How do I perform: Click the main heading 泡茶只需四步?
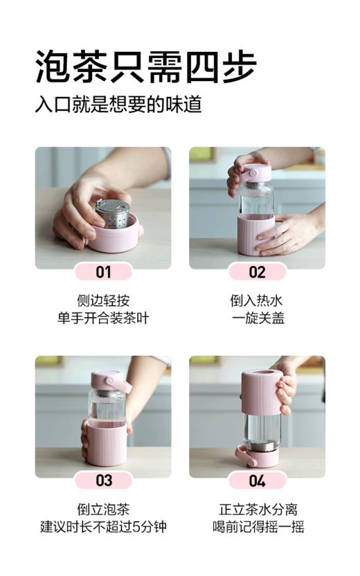[x=145, y=67]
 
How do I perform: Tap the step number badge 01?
[x=103, y=272]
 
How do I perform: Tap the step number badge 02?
[x=257, y=272]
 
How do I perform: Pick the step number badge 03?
[x=103, y=480]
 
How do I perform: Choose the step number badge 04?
[x=257, y=480]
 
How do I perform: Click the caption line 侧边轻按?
[x=103, y=301]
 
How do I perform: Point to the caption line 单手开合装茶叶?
[x=103, y=318]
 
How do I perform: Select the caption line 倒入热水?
[x=257, y=301]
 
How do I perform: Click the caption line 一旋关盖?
[x=257, y=318]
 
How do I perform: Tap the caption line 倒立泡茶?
[x=103, y=510]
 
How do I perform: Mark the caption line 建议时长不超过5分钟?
[x=103, y=527]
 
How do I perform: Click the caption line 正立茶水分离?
[x=257, y=510]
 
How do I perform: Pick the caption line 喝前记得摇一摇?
[x=257, y=527]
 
